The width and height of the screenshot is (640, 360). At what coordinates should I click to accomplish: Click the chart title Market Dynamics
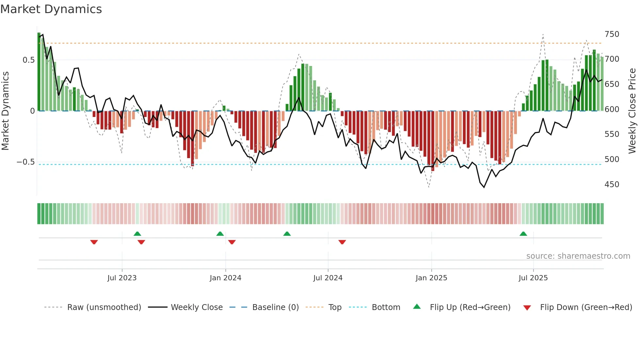coord(51,9)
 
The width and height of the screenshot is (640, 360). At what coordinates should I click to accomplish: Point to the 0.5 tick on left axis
coord(29,60)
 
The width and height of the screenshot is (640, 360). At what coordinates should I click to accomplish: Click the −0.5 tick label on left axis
coord(26,162)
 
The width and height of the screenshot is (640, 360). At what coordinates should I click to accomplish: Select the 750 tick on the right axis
coord(612,34)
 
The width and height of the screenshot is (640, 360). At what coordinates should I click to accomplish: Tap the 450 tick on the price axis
coord(612,185)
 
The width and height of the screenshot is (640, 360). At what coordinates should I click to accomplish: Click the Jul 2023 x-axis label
coord(122,278)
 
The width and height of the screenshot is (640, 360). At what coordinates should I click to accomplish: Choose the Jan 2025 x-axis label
coord(431,278)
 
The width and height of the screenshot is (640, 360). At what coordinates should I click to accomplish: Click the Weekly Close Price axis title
coord(632,111)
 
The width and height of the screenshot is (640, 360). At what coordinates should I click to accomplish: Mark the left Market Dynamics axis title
coord(5,111)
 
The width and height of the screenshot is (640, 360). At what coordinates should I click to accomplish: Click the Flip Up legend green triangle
coord(417,306)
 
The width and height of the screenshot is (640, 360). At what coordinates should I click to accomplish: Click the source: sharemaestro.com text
coord(578,256)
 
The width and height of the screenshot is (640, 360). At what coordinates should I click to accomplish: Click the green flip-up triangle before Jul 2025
coord(523,234)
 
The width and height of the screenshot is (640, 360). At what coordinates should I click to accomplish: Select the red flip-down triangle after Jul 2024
coord(342,242)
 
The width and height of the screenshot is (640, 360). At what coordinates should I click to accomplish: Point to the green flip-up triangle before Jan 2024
coord(220,234)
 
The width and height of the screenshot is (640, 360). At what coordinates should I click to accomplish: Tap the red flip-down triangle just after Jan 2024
coord(232,242)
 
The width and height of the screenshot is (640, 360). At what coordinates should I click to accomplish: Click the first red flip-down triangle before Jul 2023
coord(94,242)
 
